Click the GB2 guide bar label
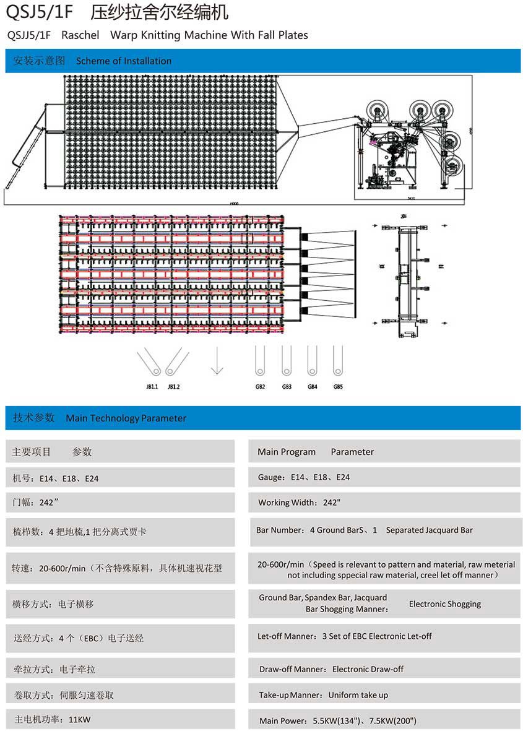click(260, 387)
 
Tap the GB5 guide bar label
click(338, 387)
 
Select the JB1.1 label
click(152, 387)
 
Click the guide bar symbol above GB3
click(286, 360)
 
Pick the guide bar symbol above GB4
click(312, 360)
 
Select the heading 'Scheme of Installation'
click(124, 61)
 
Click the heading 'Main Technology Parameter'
click(126, 418)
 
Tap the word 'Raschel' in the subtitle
click(80, 35)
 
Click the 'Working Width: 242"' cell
click(300, 503)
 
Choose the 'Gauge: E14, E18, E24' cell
click(304, 477)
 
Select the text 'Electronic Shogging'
click(444, 604)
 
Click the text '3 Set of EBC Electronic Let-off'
click(377, 636)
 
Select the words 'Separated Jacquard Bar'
click(430, 530)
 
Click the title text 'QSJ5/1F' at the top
click(39, 12)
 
